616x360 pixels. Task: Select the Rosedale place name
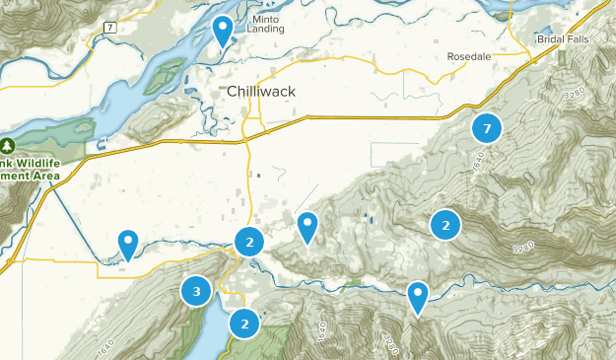468,56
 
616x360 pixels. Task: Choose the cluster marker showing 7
487,127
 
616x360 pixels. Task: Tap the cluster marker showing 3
196,291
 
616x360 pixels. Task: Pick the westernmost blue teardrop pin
128,243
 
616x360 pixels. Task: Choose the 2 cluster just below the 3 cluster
243,323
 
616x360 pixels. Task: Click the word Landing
265,30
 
